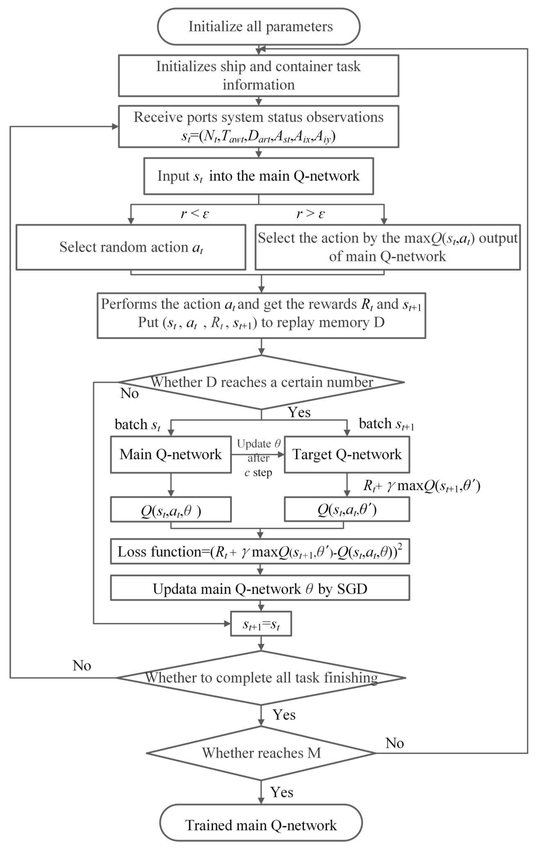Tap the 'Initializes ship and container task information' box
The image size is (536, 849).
coord(258,75)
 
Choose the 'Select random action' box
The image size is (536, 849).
coord(131,247)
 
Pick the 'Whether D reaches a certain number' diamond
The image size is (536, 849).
coord(261,382)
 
